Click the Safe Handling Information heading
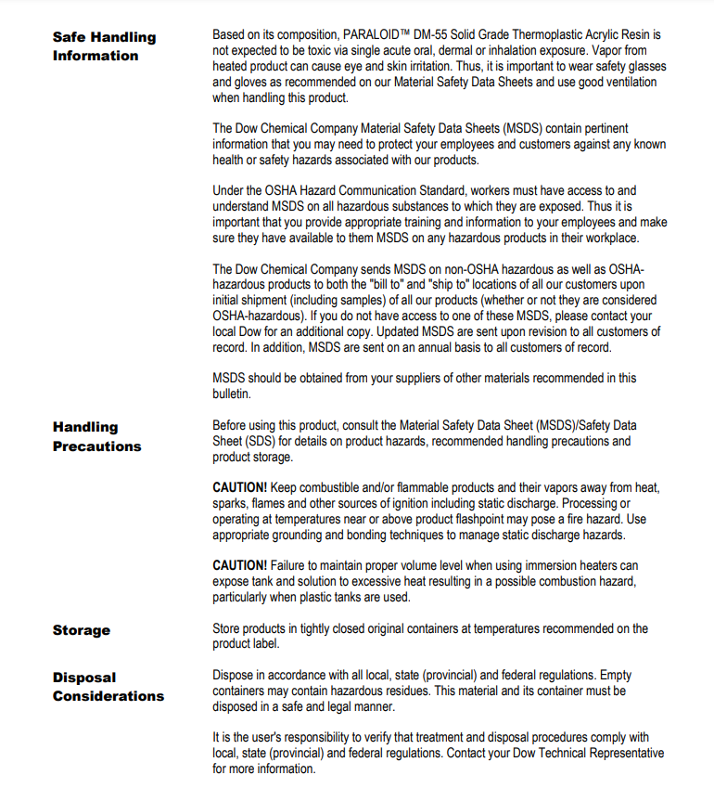[104, 46]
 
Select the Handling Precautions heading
[96, 436]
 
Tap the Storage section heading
[82, 630]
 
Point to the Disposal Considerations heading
[108, 687]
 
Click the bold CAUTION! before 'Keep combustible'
[240, 487]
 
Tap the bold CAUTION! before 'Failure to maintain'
[240, 565]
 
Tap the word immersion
[539, 565]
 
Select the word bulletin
[231, 394]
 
